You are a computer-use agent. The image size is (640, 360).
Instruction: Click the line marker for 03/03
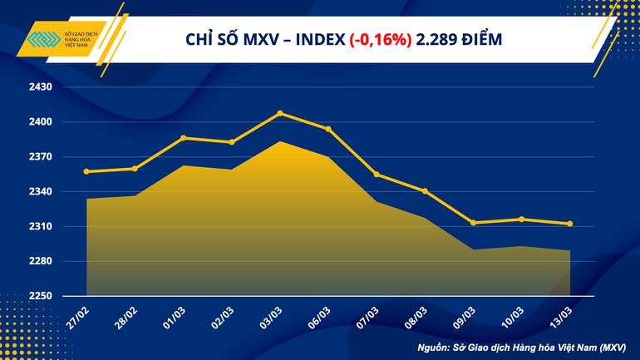(x=280, y=113)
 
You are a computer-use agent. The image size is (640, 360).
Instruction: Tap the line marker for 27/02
(x=86, y=172)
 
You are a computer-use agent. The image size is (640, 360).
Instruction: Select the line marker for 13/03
(x=569, y=224)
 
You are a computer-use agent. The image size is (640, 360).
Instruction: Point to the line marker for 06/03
(x=328, y=129)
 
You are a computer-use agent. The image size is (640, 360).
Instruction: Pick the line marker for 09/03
(x=473, y=223)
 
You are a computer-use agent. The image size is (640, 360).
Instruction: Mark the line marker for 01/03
(x=184, y=138)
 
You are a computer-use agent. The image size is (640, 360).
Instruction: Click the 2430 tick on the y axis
(x=41, y=87)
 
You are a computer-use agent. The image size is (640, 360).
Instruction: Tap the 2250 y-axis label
(x=41, y=296)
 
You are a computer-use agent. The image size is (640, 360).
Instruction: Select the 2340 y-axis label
(x=41, y=192)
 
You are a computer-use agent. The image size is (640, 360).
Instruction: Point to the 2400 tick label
(x=41, y=122)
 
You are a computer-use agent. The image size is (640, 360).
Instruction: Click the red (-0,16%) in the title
(x=381, y=39)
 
